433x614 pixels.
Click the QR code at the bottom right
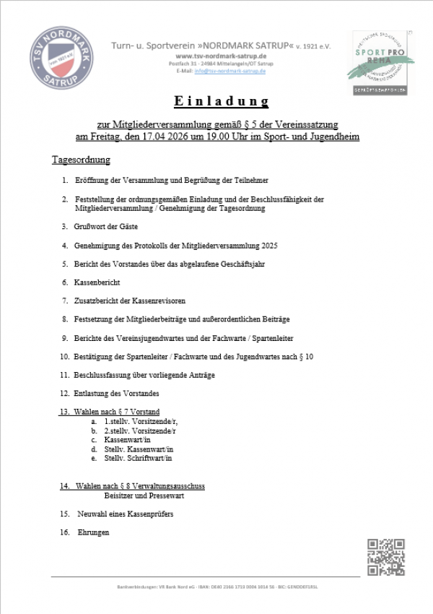(x=386, y=557)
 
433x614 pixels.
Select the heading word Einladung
(x=222, y=101)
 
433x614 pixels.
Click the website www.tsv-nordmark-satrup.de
(x=222, y=56)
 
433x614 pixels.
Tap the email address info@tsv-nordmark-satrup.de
(x=231, y=71)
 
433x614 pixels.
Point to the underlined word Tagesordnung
(x=81, y=159)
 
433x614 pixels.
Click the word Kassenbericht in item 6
(x=97, y=282)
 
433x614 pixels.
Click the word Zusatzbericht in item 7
(x=96, y=300)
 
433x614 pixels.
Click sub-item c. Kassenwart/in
(x=127, y=439)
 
